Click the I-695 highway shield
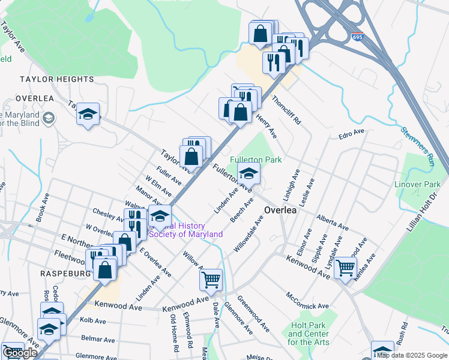coord(357,37)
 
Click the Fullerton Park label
coord(256,160)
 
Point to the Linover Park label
coord(417,185)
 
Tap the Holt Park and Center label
coord(307,334)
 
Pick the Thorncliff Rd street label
coord(286,109)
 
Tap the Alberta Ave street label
coord(333,223)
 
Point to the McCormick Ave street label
coord(307,301)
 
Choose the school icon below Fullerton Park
coord(249,175)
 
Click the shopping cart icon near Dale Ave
coord(211,279)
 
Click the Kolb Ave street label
coord(84,321)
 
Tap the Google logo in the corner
coord(19,353)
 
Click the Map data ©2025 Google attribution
coord(412,355)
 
